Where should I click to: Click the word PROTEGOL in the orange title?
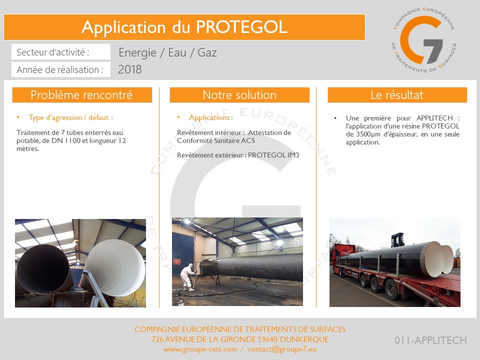point(241,27)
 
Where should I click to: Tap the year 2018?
point(130,69)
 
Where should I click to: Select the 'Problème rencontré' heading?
point(81,95)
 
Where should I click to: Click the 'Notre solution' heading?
point(239,95)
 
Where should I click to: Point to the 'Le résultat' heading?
point(397,95)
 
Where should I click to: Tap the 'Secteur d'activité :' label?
point(52,52)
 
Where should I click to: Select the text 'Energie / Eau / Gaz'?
point(168,52)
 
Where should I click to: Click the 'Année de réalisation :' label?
point(59,70)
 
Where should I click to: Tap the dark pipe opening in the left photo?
point(43,269)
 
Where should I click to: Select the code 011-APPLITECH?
point(430,340)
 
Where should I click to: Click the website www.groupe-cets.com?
point(200,349)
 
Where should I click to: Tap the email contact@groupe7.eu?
point(282,349)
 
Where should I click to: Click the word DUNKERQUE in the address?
point(304,339)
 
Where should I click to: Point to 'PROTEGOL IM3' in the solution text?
point(273,155)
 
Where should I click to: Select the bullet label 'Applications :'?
point(211,117)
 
